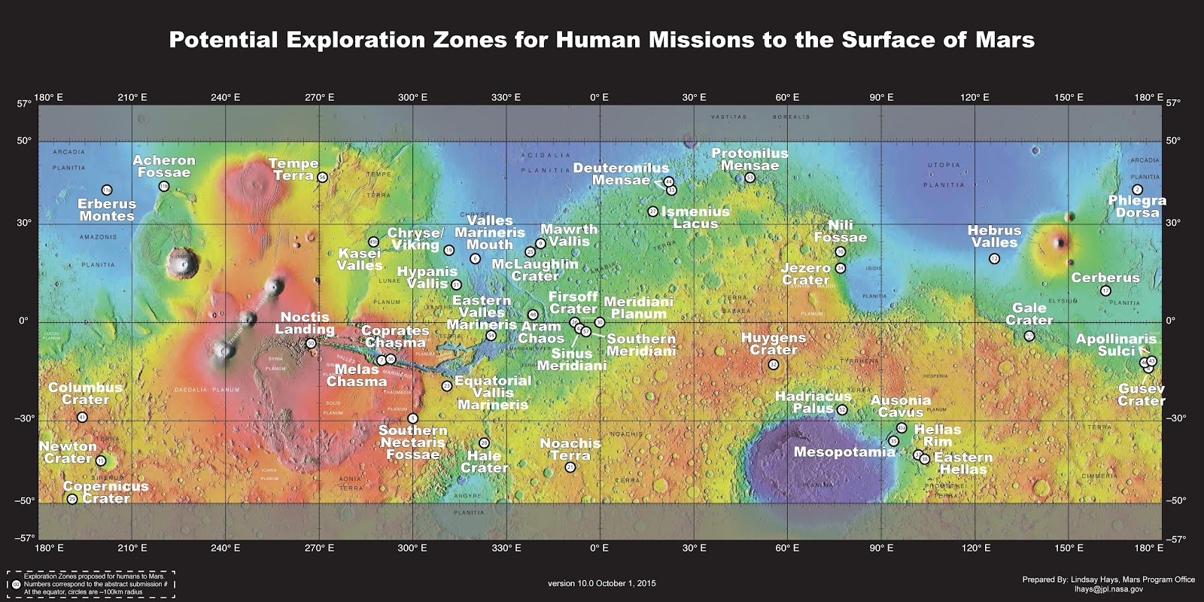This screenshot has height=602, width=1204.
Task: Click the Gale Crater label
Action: (1029, 314)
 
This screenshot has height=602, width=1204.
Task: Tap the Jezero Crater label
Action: (805, 274)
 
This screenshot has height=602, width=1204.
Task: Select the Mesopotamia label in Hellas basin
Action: (844, 452)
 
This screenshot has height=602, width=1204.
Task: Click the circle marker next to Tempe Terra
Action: (322, 178)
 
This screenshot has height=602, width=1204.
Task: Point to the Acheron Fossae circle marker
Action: (164, 187)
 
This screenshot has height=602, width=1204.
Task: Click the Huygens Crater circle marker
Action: (774, 365)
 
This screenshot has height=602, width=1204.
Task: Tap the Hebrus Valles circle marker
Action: (994, 259)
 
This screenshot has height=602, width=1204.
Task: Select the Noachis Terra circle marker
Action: (570, 467)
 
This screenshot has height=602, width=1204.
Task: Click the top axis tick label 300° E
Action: (412, 98)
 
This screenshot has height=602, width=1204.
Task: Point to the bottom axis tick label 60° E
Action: (787, 549)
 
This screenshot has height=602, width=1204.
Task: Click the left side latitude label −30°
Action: (24, 418)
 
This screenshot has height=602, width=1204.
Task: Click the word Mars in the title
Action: (1007, 40)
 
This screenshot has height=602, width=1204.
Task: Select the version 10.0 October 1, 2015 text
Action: (601, 583)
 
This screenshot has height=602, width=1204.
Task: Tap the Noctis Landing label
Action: (305, 324)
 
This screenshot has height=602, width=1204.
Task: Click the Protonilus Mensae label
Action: (749, 160)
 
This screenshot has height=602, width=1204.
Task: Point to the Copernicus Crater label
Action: (105, 492)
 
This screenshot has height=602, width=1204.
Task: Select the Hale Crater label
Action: (484, 461)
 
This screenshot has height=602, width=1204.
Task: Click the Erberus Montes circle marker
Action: (107, 190)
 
